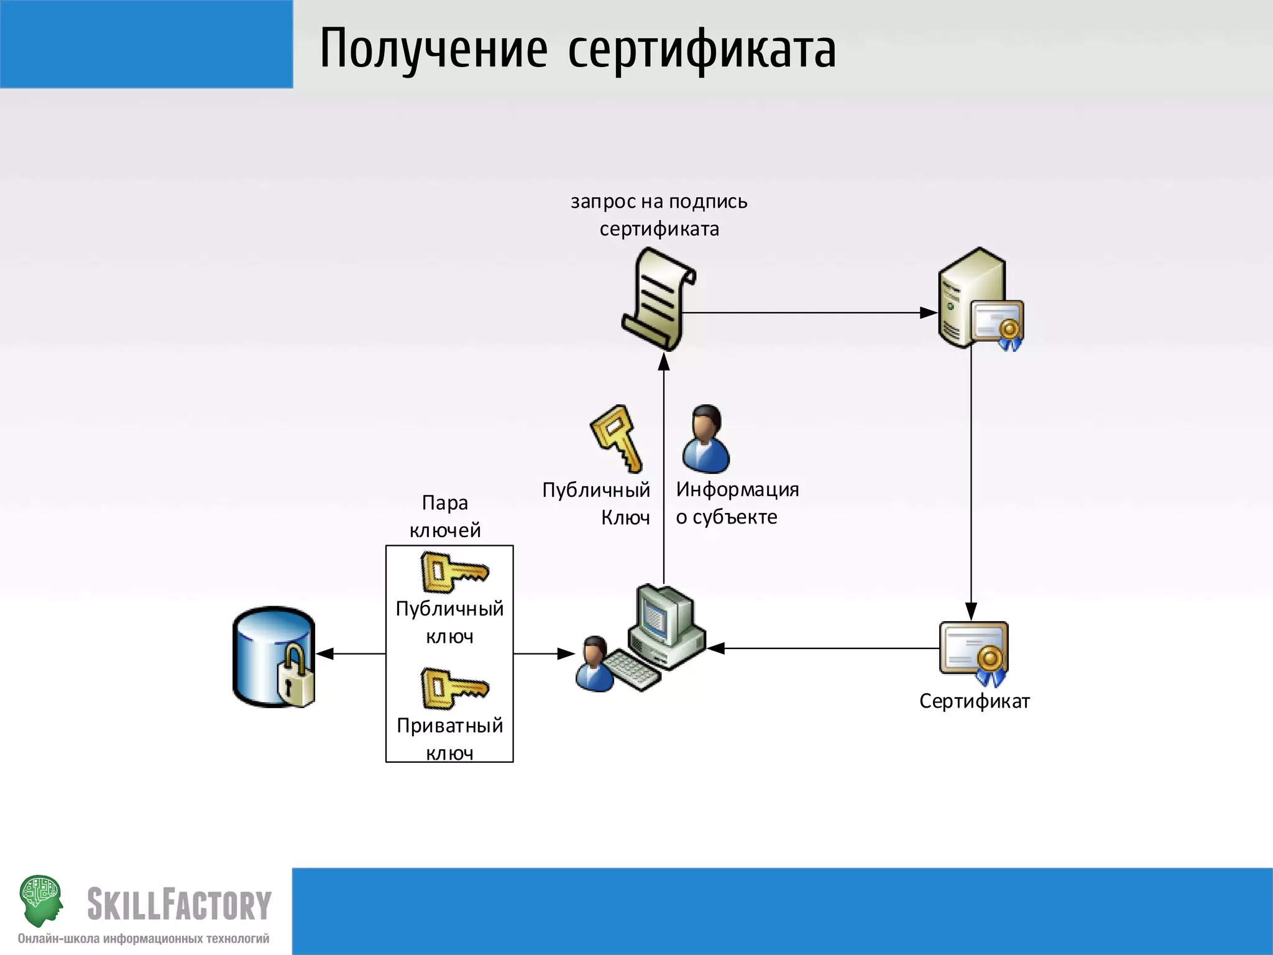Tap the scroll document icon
click(x=658, y=299)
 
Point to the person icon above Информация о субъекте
click(x=705, y=439)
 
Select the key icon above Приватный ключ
click(x=454, y=688)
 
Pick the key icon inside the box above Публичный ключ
click(x=454, y=572)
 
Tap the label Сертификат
click(x=974, y=701)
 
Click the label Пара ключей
click(x=445, y=516)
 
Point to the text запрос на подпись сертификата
click(x=659, y=215)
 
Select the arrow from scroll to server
click(x=808, y=313)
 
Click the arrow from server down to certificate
click(x=971, y=485)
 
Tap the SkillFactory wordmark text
click(x=179, y=904)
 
